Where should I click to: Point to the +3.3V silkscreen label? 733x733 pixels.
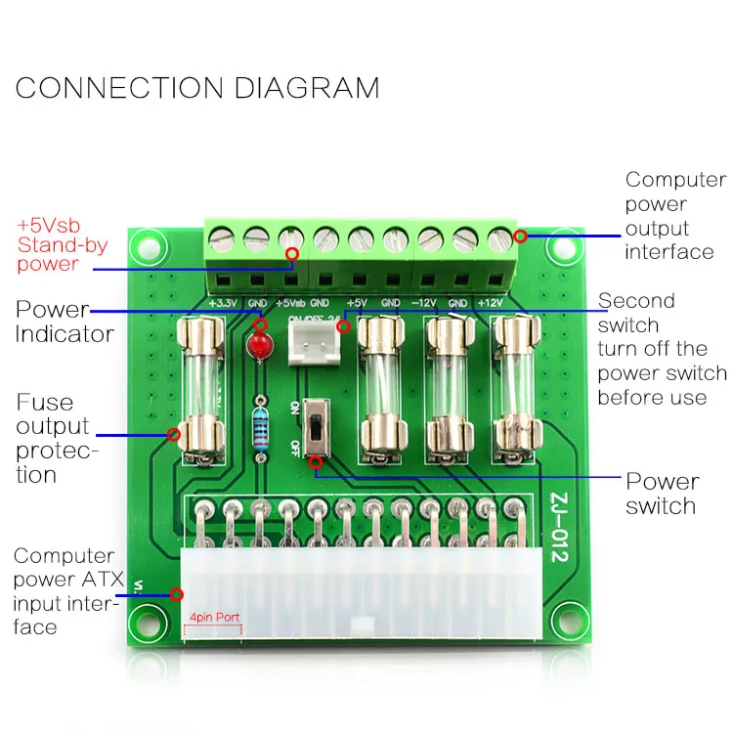(223, 303)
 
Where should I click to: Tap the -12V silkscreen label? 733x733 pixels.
(424, 303)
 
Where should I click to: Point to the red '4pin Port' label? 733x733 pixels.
(213, 618)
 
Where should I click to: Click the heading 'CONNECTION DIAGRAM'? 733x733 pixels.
(197, 87)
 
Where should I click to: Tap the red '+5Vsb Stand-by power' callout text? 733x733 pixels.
(62, 243)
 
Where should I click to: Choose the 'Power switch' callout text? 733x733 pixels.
(662, 494)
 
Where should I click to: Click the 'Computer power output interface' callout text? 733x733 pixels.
(675, 216)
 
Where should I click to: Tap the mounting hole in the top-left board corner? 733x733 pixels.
(149, 243)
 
